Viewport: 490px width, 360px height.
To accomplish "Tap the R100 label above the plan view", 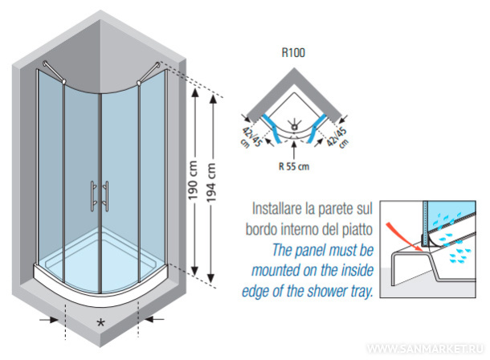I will click(x=292, y=55).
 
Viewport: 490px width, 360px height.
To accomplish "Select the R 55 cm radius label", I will click(x=293, y=168).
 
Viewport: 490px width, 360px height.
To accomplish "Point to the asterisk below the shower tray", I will click(x=100, y=323).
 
